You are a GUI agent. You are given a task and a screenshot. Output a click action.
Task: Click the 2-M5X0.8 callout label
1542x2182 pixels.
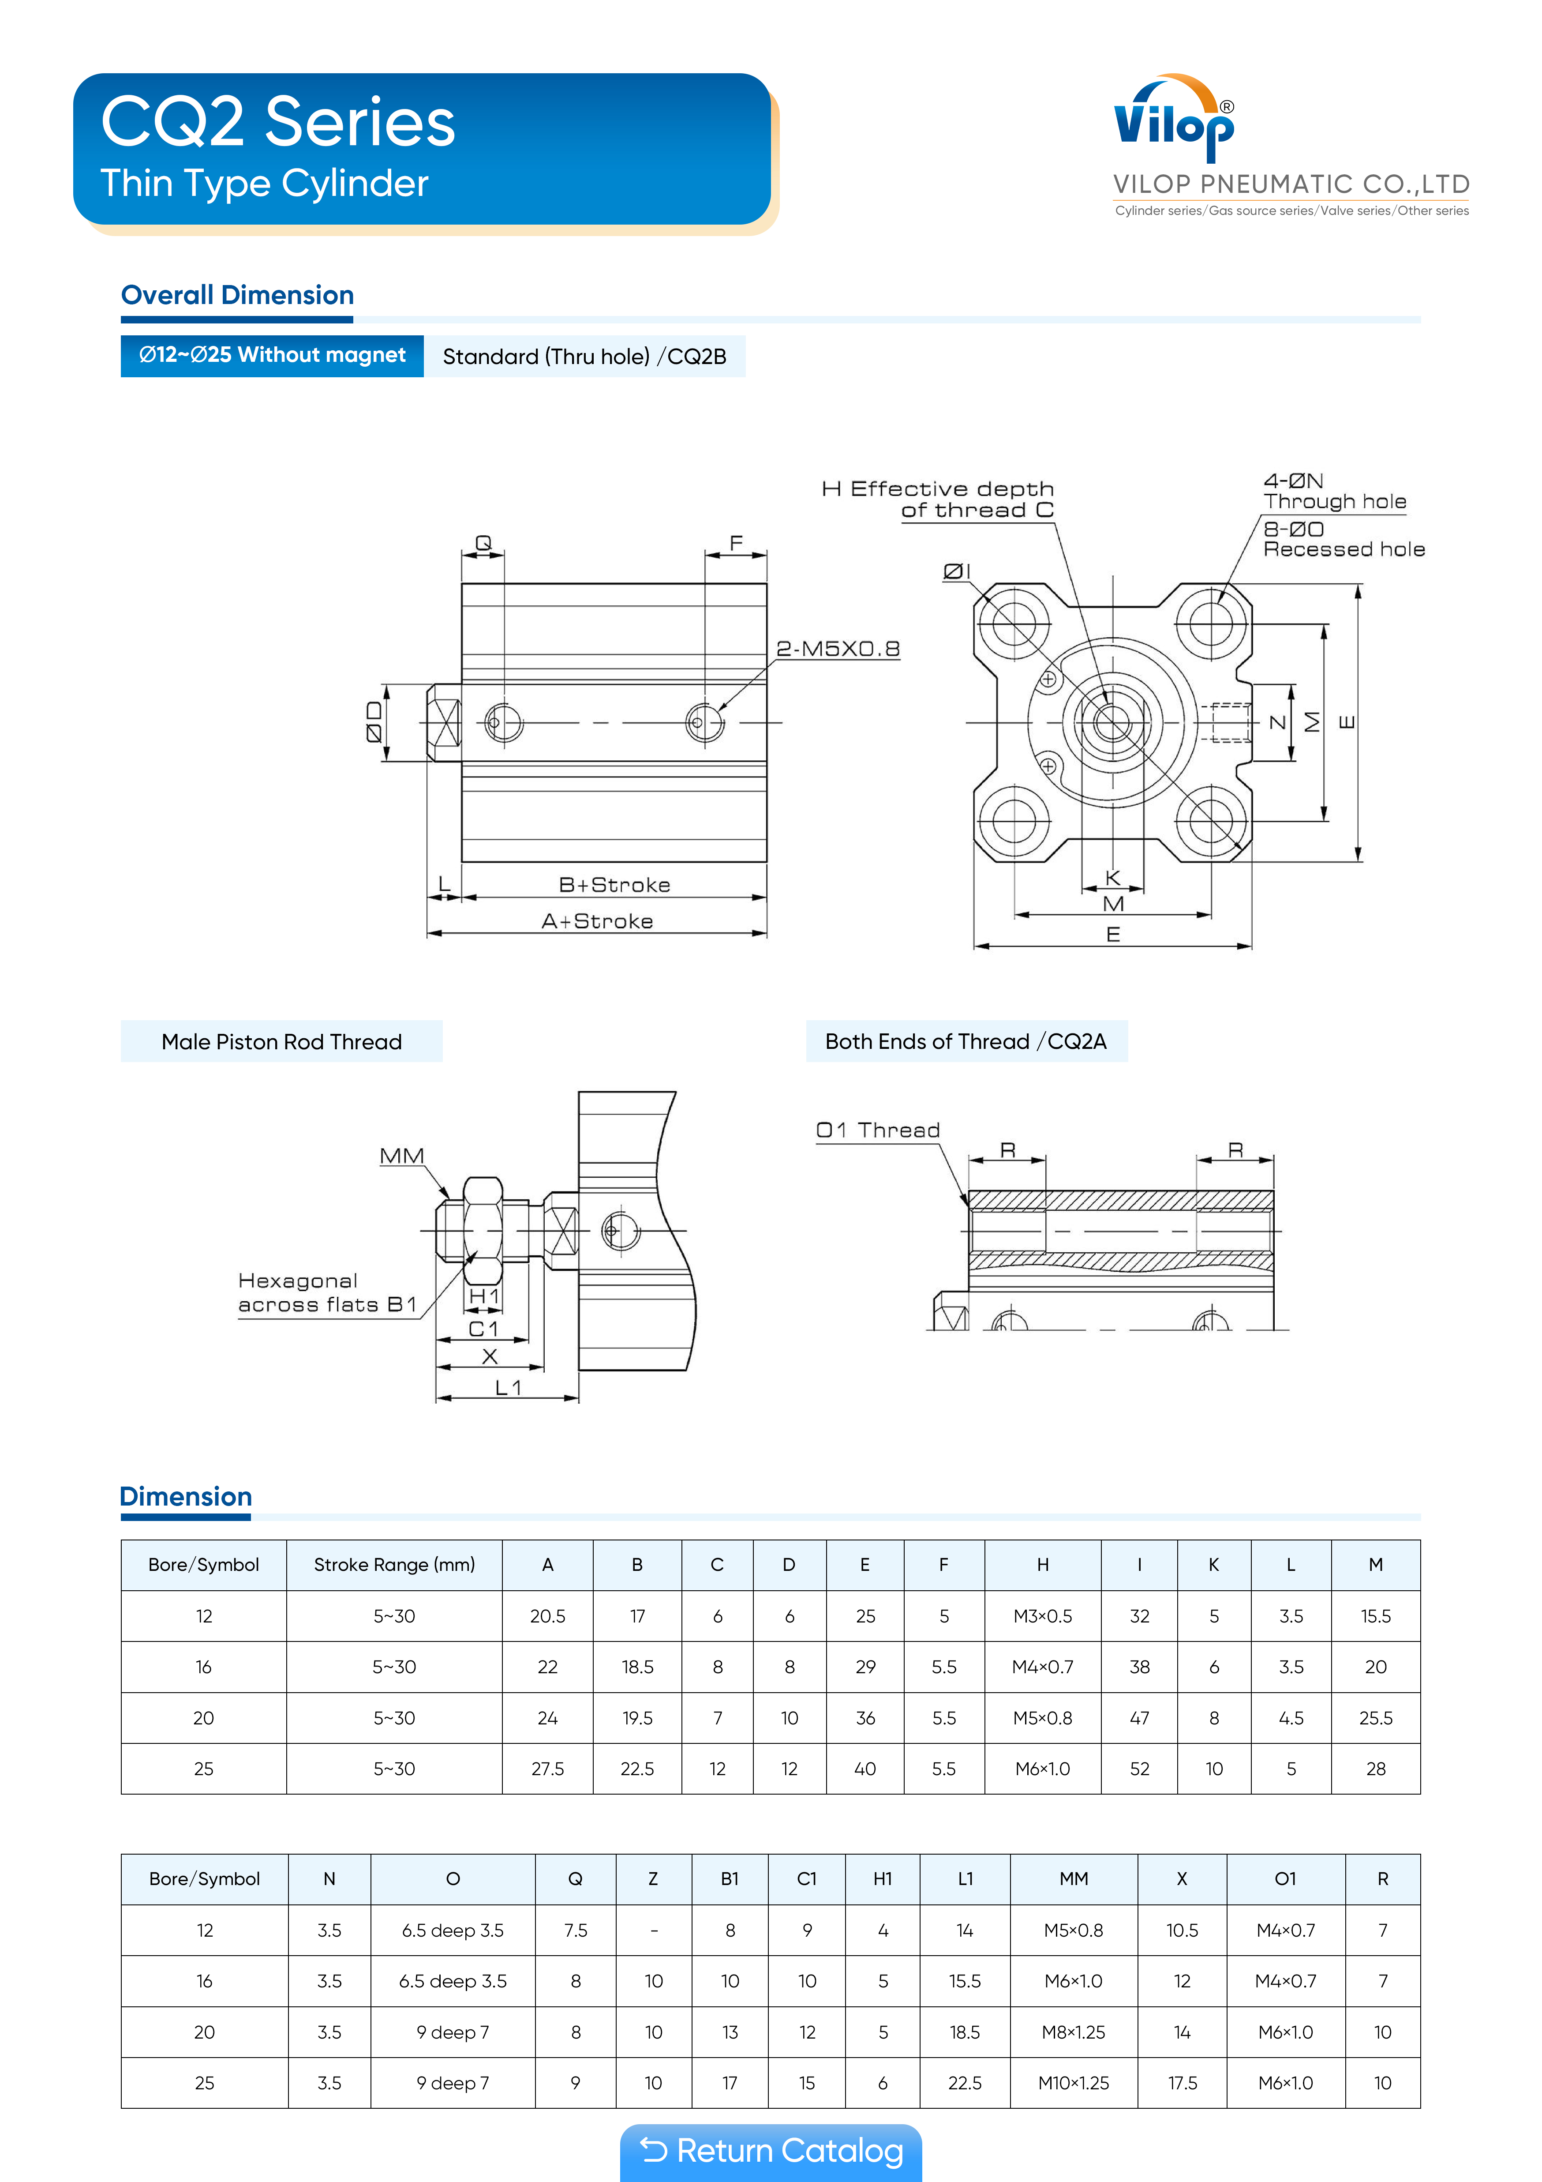837,649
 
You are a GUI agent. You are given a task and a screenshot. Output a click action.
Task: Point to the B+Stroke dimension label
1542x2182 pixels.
614,885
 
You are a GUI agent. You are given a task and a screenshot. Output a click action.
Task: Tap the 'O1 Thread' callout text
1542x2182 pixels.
878,1130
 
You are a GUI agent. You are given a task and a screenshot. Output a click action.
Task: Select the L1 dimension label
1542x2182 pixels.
508,1387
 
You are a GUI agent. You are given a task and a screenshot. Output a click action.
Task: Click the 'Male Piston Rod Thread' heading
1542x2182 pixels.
281,1042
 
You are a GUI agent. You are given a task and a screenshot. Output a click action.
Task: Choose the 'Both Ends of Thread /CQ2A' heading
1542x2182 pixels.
966,1042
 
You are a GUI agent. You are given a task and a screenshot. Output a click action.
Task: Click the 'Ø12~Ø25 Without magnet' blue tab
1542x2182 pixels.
272,356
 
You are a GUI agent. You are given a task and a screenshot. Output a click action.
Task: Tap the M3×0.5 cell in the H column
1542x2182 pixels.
1042,1615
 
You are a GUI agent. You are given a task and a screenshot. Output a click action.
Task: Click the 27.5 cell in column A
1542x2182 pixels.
547,1769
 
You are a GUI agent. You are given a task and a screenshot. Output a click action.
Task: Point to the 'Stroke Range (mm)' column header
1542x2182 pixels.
394,1564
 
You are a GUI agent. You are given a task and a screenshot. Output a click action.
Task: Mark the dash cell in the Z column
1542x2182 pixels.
654,1930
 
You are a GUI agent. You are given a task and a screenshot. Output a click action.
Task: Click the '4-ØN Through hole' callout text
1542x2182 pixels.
1334,491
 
